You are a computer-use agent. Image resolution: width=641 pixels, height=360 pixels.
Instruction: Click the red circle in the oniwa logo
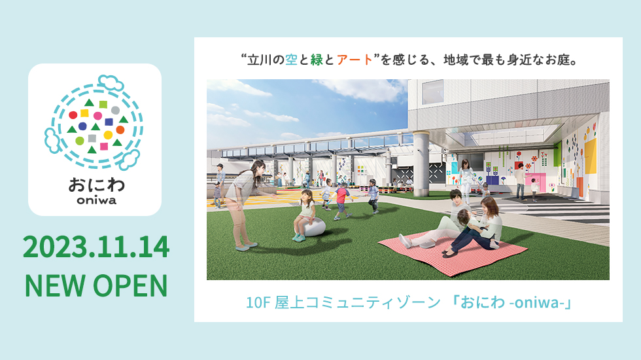[x=73, y=115]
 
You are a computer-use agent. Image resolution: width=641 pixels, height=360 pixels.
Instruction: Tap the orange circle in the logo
[x=120, y=130]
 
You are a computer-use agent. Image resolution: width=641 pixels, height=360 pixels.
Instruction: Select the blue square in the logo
[x=109, y=122]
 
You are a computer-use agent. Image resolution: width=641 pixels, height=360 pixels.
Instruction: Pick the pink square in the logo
[x=104, y=147]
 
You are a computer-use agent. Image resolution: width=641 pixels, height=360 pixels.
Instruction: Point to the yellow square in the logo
[x=84, y=113]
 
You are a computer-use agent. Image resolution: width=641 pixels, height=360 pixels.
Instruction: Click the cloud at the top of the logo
[x=111, y=82]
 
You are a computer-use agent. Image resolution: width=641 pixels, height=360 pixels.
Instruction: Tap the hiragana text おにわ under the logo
[x=97, y=185]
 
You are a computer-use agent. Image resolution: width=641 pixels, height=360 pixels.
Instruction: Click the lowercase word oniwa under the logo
[x=97, y=200]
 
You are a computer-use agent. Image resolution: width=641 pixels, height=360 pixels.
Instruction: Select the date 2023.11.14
[x=96, y=247]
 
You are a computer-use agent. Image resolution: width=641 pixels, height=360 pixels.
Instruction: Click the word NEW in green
[x=55, y=285]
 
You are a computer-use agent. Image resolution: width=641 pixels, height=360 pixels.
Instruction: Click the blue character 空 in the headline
[x=292, y=60]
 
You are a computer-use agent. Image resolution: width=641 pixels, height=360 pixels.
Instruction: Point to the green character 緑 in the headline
[x=317, y=60]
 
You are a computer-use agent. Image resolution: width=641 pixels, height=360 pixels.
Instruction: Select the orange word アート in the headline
[x=355, y=60]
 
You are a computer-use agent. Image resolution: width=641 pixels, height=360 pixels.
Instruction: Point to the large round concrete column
[x=421, y=164]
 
